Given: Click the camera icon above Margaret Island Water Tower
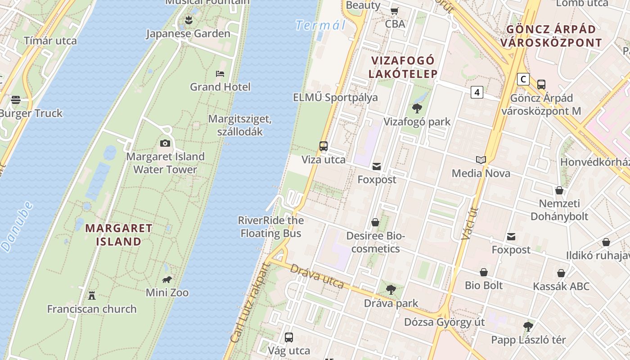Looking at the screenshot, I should tap(165, 143).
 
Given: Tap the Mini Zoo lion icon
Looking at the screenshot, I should tap(167, 279).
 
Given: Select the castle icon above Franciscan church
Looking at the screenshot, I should tap(92, 295).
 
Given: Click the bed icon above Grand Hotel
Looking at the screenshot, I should tap(220, 73).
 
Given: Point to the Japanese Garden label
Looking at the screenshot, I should tap(188, 34).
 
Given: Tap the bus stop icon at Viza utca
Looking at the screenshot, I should tap(323, 146).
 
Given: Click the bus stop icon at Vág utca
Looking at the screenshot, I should tap(289, 337).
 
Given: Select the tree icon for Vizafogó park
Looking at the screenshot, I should tap(417, 108).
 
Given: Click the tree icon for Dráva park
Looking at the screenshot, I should tap(391, 290).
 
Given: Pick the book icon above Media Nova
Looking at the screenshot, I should tap(481, 160).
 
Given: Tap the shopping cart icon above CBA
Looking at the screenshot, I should tap(395, 11).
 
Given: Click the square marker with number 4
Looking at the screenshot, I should tap(477, 92).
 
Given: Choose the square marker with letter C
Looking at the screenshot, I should tap(523, 79).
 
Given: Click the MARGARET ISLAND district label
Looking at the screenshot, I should tap(119, 234).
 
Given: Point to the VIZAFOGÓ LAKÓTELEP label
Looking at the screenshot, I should tap(403, 67).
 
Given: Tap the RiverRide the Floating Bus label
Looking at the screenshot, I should tap(271, 227).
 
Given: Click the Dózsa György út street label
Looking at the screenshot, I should tap(444, 322).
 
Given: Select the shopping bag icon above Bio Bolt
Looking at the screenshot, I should tap(484, 272).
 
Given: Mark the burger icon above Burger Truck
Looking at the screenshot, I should tap(16, 99).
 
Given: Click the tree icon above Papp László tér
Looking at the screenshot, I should tap(528, 326).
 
